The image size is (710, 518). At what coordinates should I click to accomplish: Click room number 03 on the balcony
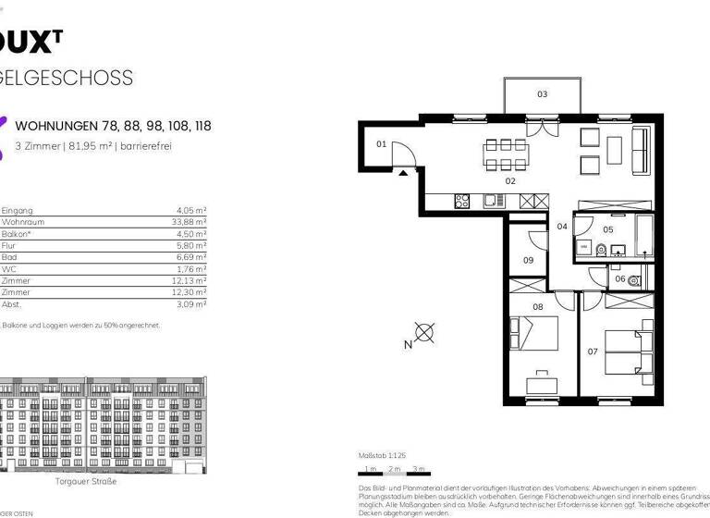point(542,93)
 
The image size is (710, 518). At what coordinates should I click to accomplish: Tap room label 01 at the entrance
point(381,144)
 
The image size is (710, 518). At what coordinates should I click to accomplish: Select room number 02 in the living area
point(509,181)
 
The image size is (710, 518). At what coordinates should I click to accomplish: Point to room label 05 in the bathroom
point(607,229)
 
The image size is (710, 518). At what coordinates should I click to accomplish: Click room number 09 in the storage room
point(528,261)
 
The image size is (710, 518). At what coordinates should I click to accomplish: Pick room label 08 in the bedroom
point(537,306)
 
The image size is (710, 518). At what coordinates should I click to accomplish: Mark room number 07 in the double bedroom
point(593,351)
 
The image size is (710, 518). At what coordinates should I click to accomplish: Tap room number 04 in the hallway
point(562,227)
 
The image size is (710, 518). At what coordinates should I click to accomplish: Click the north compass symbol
point(424,333)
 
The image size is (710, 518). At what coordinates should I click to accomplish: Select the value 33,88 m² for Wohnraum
point(190,222)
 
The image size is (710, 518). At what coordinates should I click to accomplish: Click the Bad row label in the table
point(9,257)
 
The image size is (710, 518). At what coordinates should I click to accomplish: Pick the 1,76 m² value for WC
point(192,269)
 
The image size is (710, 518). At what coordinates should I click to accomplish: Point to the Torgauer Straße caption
point(85,481)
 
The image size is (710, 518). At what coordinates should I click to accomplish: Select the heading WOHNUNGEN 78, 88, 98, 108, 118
point(113,125)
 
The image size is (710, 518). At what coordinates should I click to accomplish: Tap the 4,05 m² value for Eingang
point(192,210)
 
